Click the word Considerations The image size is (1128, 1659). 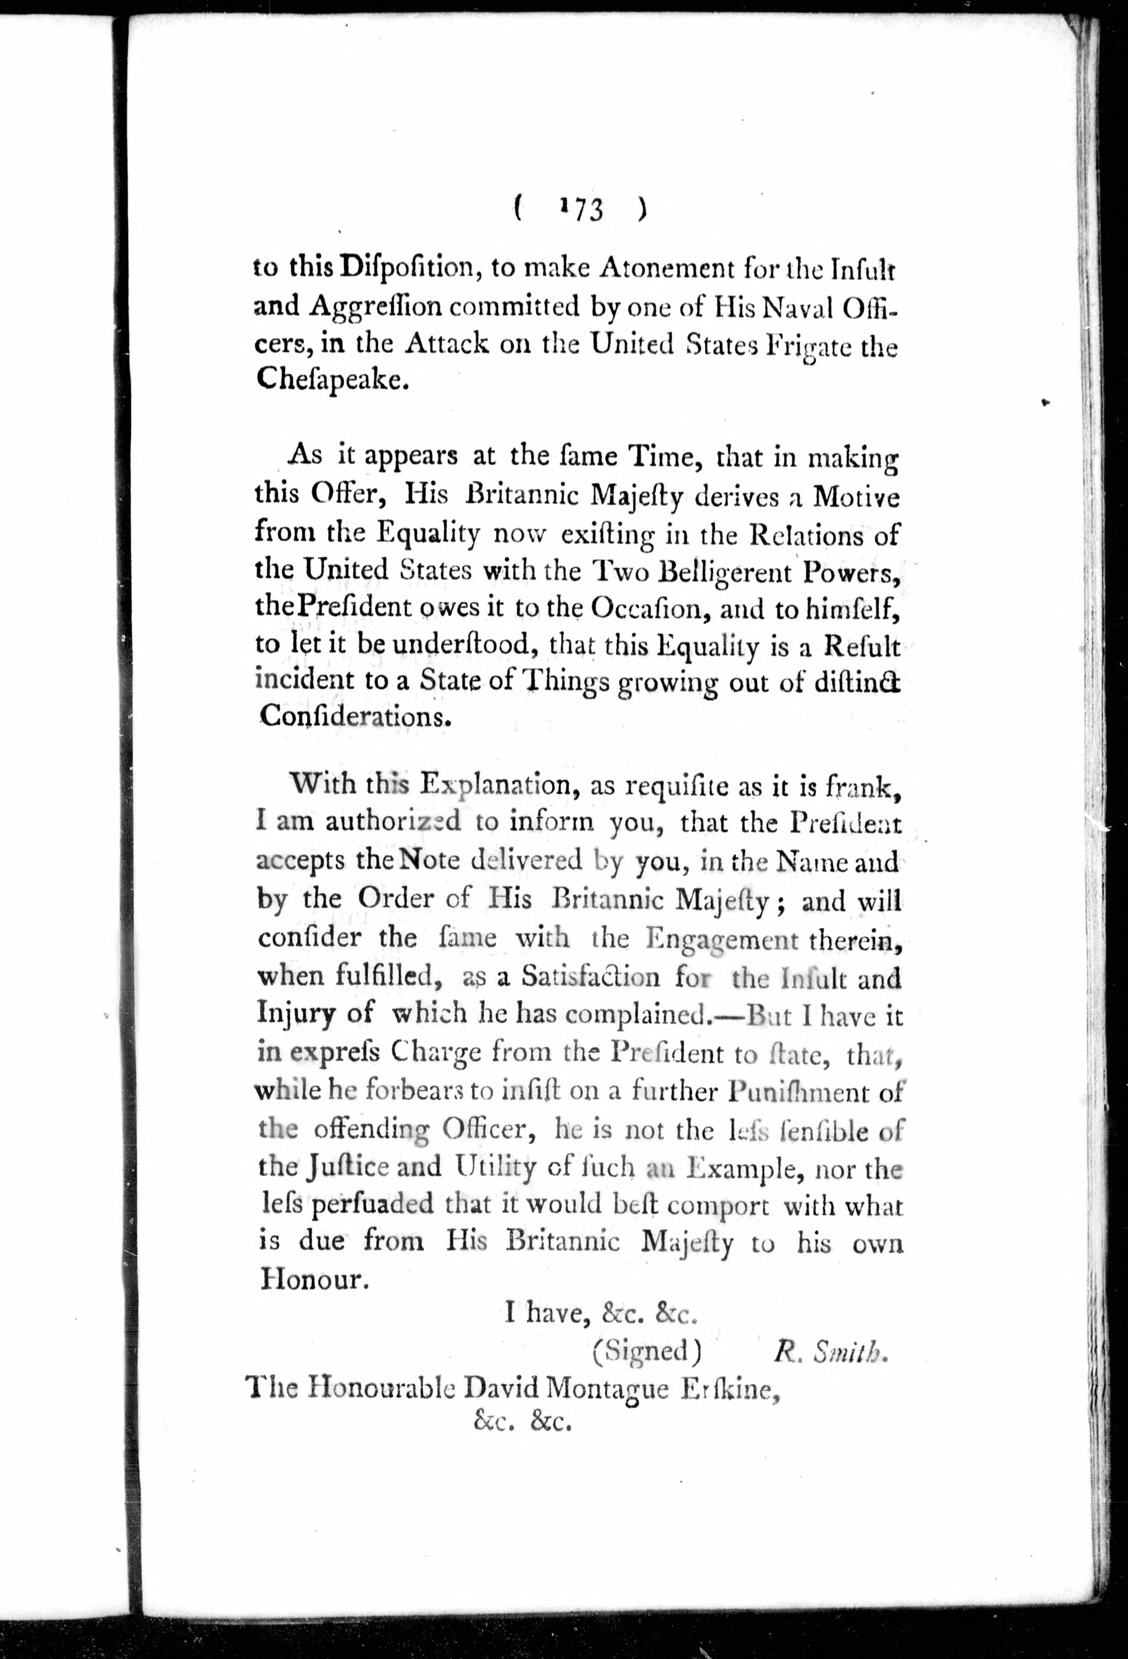click(355, 716)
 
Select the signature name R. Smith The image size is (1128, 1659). click(829, 1351)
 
